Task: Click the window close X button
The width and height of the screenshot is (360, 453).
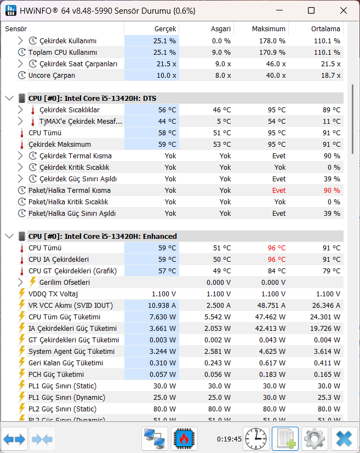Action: pyautogui.click(x=343, y=11)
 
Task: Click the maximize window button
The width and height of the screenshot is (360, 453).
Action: pyautogui.click(x=311, y=11)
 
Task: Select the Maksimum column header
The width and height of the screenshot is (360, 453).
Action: pyautogui.click(x=268, y=29)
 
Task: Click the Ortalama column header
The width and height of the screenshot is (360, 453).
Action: pyautogui.click(x=325, y=29)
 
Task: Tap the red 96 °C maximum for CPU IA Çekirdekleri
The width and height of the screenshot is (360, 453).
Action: pyautogui.click(x=277, y=260)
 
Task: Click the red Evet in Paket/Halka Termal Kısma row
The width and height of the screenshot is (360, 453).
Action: pyautogui.click(x=279, y=191)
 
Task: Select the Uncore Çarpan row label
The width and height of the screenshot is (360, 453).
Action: pyautogui.click(x=52, y=76)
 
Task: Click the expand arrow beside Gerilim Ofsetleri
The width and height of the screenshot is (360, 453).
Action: pyautogui.click(x=20, y=282)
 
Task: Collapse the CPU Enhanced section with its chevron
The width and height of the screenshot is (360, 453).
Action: pyautogui.click(x=9, y=236)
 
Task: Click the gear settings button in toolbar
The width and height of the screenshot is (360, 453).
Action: pyautogui.click(x=315, y=439)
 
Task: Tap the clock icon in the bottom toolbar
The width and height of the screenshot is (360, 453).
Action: pyautogui.click(x=256, y=439)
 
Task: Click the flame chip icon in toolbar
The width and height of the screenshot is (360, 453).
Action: pyautogui.click(x=184, y=439)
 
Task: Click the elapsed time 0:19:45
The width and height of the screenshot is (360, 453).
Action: pyautogui.click(x=229, y=439)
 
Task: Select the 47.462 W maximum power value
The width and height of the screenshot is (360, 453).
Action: pyautogui.click(x=270, y=317)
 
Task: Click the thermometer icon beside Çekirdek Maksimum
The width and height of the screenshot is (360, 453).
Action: pyautogui.click(x=22, y=145)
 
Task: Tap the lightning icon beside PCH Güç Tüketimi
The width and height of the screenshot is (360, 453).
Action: pyautogui.click(x=22, y=374)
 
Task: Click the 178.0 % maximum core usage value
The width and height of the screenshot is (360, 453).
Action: pyautogui.click(x=272, y=41)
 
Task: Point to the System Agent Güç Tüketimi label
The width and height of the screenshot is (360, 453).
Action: pyautogui.click(x=71, y=352)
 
